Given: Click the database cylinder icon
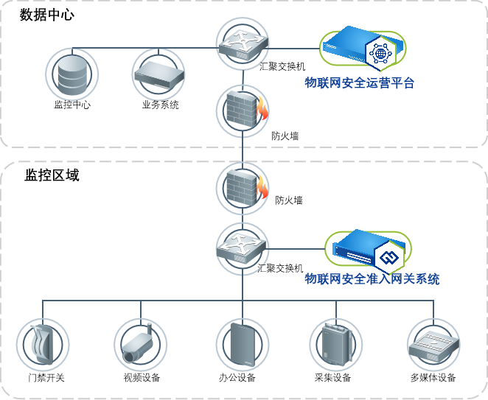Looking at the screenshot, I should click(x=72, y=74).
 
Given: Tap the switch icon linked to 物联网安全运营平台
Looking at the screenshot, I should click(x=242, y=44).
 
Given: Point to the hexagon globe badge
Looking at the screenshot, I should click(x=381, y=53).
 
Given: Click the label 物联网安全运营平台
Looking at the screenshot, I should click(x=359, y=83).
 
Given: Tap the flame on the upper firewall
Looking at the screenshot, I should click(x=262, y=110).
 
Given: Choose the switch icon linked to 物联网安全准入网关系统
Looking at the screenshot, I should click(x=242, y=248).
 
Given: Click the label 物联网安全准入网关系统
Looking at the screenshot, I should click(x=372, y=279).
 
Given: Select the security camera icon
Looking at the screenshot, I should click(x=140, y=344).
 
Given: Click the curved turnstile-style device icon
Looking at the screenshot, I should click(x=43, y=344).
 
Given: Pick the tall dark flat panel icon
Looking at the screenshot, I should click(x=242, y=344).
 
